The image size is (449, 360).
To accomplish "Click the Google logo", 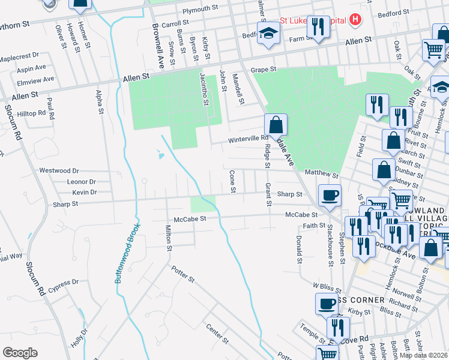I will pos(20,353).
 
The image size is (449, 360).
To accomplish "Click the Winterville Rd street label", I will pos(247,139).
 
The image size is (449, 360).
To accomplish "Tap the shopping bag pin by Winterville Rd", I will pos(276,125).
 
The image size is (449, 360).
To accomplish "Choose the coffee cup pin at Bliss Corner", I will pos(327,304).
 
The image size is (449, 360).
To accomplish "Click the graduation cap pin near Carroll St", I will pos(269,34).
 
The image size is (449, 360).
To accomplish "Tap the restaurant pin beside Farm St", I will pos(318,27).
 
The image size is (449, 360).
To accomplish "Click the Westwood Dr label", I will pos(59,170).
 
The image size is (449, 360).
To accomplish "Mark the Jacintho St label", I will pos(204,89).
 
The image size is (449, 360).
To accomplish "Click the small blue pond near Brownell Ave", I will pos(160,156).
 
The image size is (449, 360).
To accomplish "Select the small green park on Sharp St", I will pos(203,203).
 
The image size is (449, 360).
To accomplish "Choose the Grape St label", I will pos(263,69).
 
